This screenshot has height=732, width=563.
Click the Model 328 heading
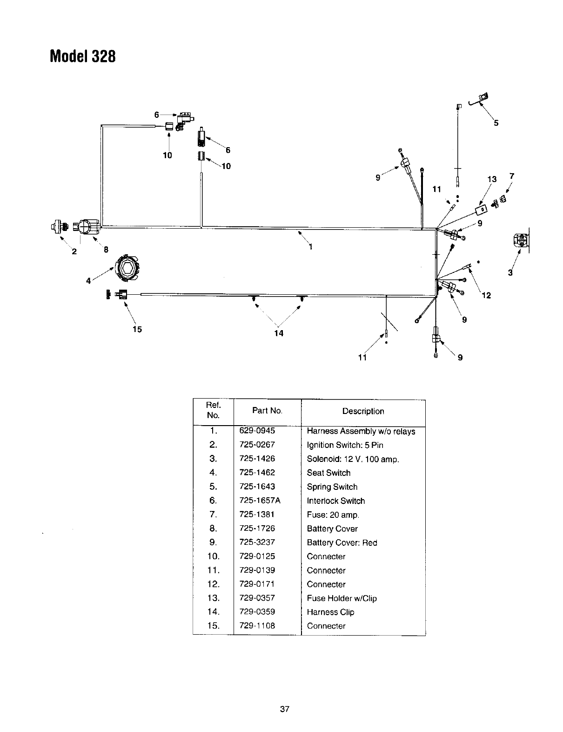coord(82,57)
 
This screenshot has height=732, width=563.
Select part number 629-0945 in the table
coord(257,431)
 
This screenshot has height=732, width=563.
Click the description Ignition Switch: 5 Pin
coord(345,445)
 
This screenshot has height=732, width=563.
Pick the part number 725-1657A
coord(260,501)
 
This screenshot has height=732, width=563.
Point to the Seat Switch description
coord(328,473)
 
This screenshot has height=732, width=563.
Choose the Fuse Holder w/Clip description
coord(342,598)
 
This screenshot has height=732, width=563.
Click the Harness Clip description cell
coord(330,612)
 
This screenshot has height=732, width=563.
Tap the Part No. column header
coord(267,411)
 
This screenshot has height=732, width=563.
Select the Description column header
coord(363,411)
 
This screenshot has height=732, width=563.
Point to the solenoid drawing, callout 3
coord(521,241)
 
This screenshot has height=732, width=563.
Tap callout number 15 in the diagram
coord(137,329)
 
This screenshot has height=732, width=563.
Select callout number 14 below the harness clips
coord(279,333)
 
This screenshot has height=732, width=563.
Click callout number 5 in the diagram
coord(496,123)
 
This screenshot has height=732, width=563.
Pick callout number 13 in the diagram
coord(492,179)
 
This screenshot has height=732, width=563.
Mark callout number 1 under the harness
coord(310,247)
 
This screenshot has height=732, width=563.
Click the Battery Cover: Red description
coord(342,542)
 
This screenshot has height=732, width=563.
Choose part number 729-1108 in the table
coord(257,626)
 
